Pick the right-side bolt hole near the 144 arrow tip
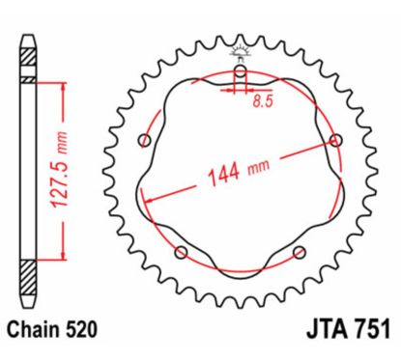335,141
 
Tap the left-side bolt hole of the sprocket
145,142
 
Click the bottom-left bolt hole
181,253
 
